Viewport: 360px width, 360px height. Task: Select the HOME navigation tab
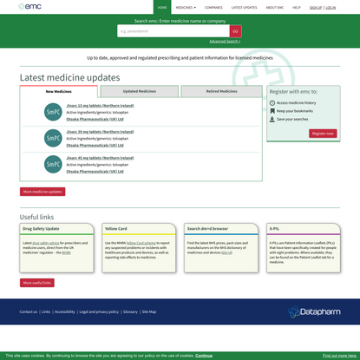pyautogui.click(x=162, y=7)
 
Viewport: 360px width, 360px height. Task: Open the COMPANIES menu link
pyautogui.click(x=213, y=7)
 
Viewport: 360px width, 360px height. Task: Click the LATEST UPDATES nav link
pyautogui.click(x=244, y=7)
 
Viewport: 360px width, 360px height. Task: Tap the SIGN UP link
pyautogui.click(x=316, y=7)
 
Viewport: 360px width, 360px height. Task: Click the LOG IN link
pyautogui.click(x=331, y=7)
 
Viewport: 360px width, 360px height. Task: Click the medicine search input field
pyautogui.click(x=173, y=31)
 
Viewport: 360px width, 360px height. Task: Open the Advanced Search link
pyautogui.click(x=224, y=41)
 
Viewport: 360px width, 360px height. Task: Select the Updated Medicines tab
pyautogui.click(x=140, y=91)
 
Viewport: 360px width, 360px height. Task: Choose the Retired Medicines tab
pyautogui.click(x=221, y=91)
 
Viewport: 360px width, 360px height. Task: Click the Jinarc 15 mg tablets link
pyautogui.click(x=101, y=106)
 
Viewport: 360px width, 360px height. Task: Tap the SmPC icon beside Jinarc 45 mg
pyautogui.click(x=54, y=164)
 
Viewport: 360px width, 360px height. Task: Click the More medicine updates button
pyautogui.click(x=43, y=192)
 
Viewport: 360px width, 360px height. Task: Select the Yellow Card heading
pyautogui.click(x=116, y=229)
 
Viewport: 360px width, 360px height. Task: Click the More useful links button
pyautogui.click(x=37, y=283)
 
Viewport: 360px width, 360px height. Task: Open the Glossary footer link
pyautogui.click(x=130, y=311)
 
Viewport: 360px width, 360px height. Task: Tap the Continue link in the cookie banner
pyautogui.click(x=204, y=355)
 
